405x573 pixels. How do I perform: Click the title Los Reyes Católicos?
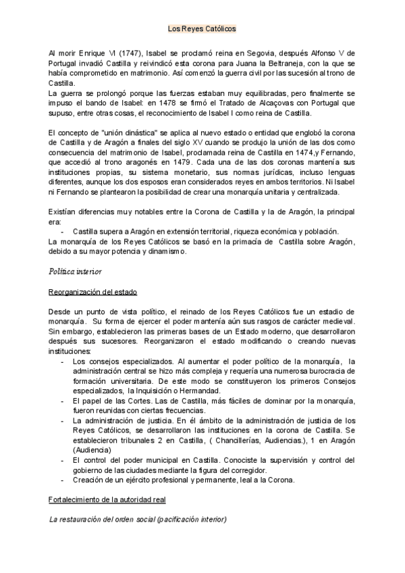[x=202, y=30]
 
